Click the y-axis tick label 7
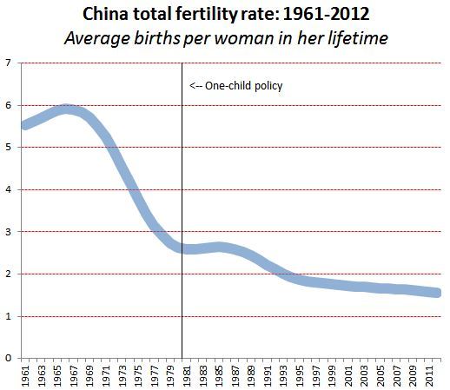(8, 63)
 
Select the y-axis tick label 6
(8, 105)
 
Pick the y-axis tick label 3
(8, 232)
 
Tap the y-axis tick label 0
(8, 358)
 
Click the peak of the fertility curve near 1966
(66, 109)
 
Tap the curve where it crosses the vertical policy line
(182, 248)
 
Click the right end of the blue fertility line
(438, 293)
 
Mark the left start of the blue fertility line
(25, 125)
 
